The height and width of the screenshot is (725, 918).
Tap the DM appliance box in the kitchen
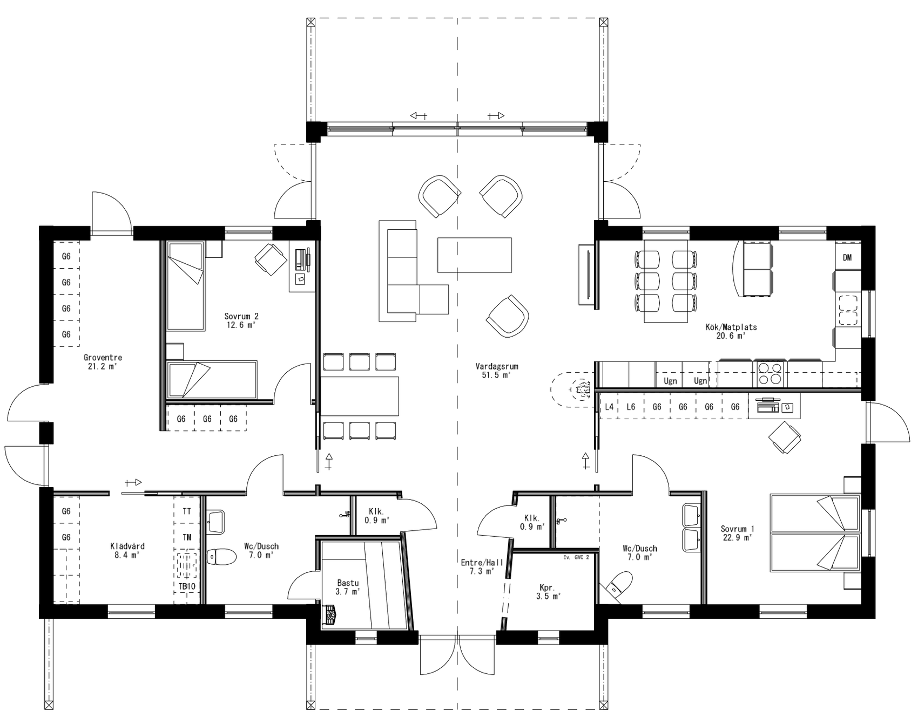[847, 258]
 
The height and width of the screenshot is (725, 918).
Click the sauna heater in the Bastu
[329, 614]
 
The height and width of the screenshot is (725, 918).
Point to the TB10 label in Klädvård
[187, 586]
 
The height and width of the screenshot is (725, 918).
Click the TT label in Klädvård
[187, 511]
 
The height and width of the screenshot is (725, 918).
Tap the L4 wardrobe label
[609, 407]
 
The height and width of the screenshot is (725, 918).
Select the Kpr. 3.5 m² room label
[548, 591]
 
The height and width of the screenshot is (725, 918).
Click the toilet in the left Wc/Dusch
[222, 557]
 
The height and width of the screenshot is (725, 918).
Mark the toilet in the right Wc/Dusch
[620, 585]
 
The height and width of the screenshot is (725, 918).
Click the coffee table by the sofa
[474, 255]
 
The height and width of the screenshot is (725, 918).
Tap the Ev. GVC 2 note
[576, 557]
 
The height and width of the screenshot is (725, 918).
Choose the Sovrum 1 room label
[737, 533]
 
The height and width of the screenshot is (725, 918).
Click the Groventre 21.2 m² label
[103, 361]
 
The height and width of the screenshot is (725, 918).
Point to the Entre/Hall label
[482, 566]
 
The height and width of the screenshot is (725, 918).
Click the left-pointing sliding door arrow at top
[418, 115]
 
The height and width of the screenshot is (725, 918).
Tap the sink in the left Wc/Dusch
[215, 522]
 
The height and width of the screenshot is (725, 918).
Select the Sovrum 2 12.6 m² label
[241, 320]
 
